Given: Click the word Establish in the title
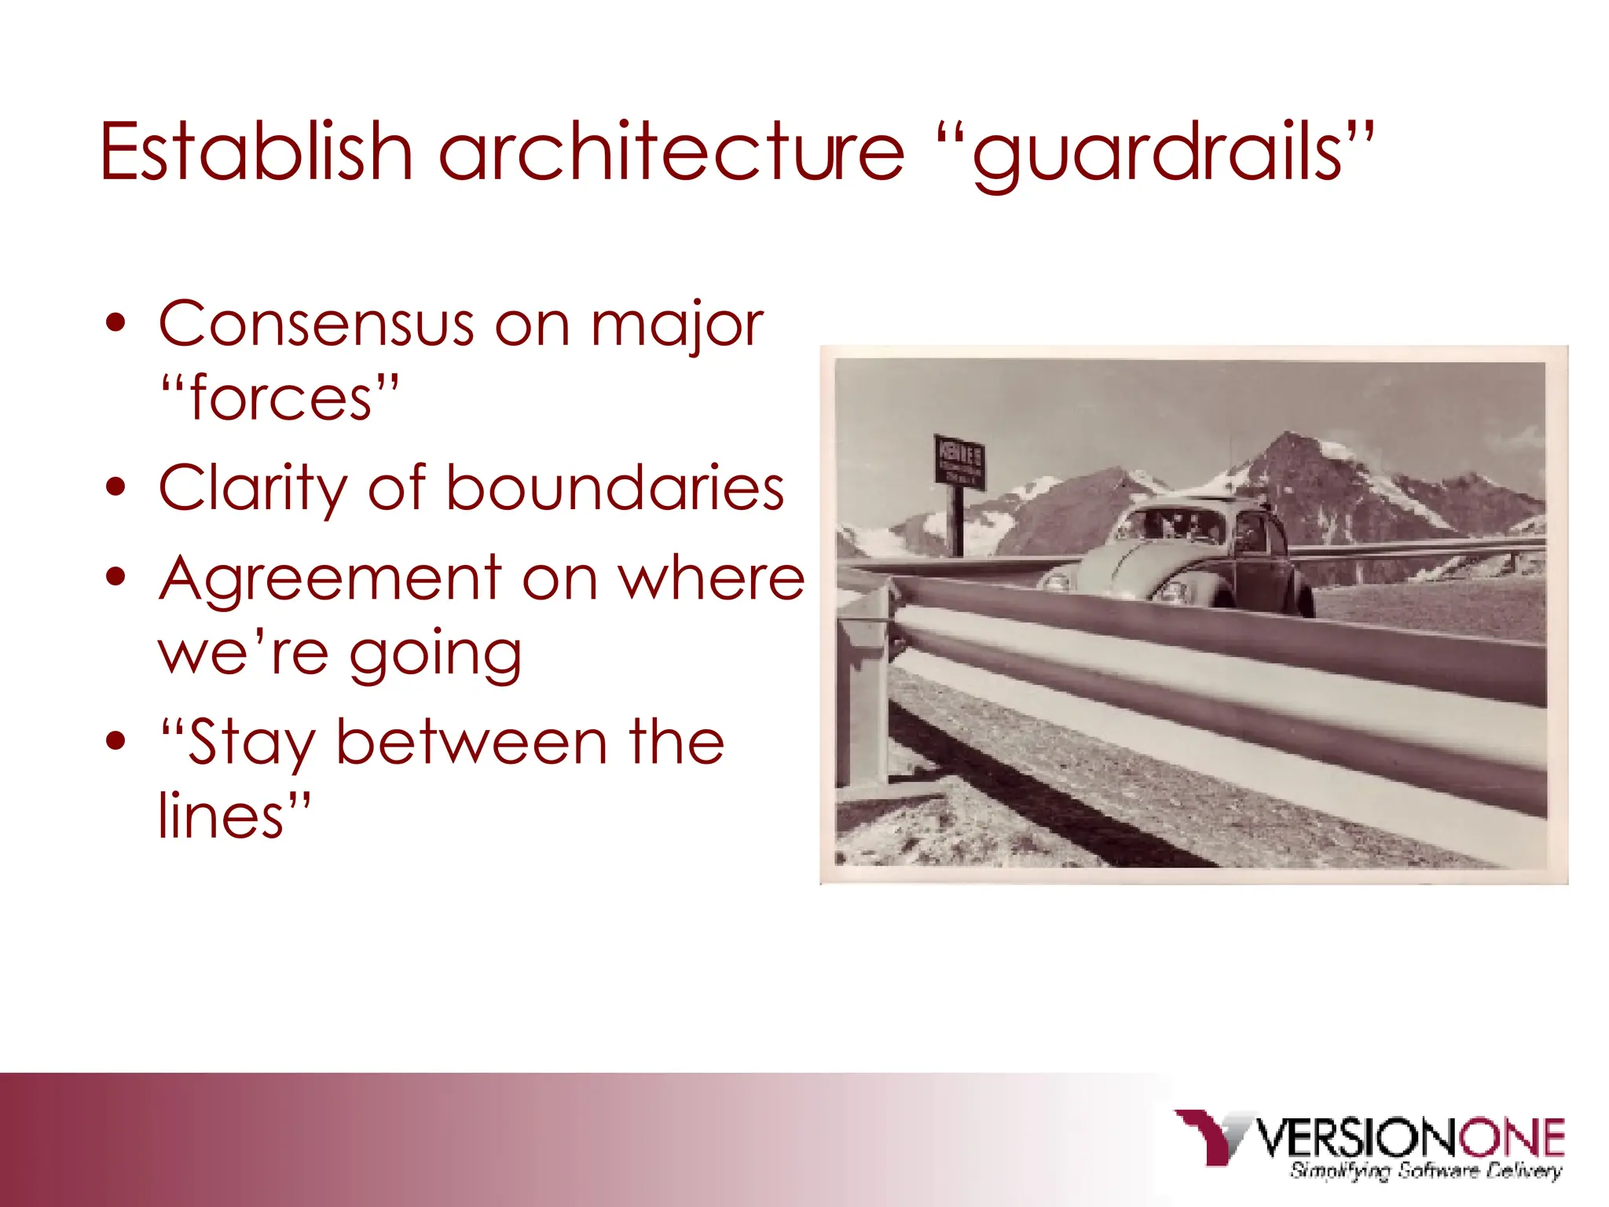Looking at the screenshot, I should click(256, 151).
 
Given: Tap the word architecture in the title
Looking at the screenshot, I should click(672, 151).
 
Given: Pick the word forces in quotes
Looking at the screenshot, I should click(280, 398).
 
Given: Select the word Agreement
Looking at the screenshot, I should click(329, 578).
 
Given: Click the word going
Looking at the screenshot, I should click(435, 655).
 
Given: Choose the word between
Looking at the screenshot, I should click(471, 742).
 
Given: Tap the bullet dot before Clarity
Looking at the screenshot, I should click(115, 487).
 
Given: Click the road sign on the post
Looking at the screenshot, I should click(959, 460).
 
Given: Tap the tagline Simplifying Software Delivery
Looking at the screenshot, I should click(1425, 1171).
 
